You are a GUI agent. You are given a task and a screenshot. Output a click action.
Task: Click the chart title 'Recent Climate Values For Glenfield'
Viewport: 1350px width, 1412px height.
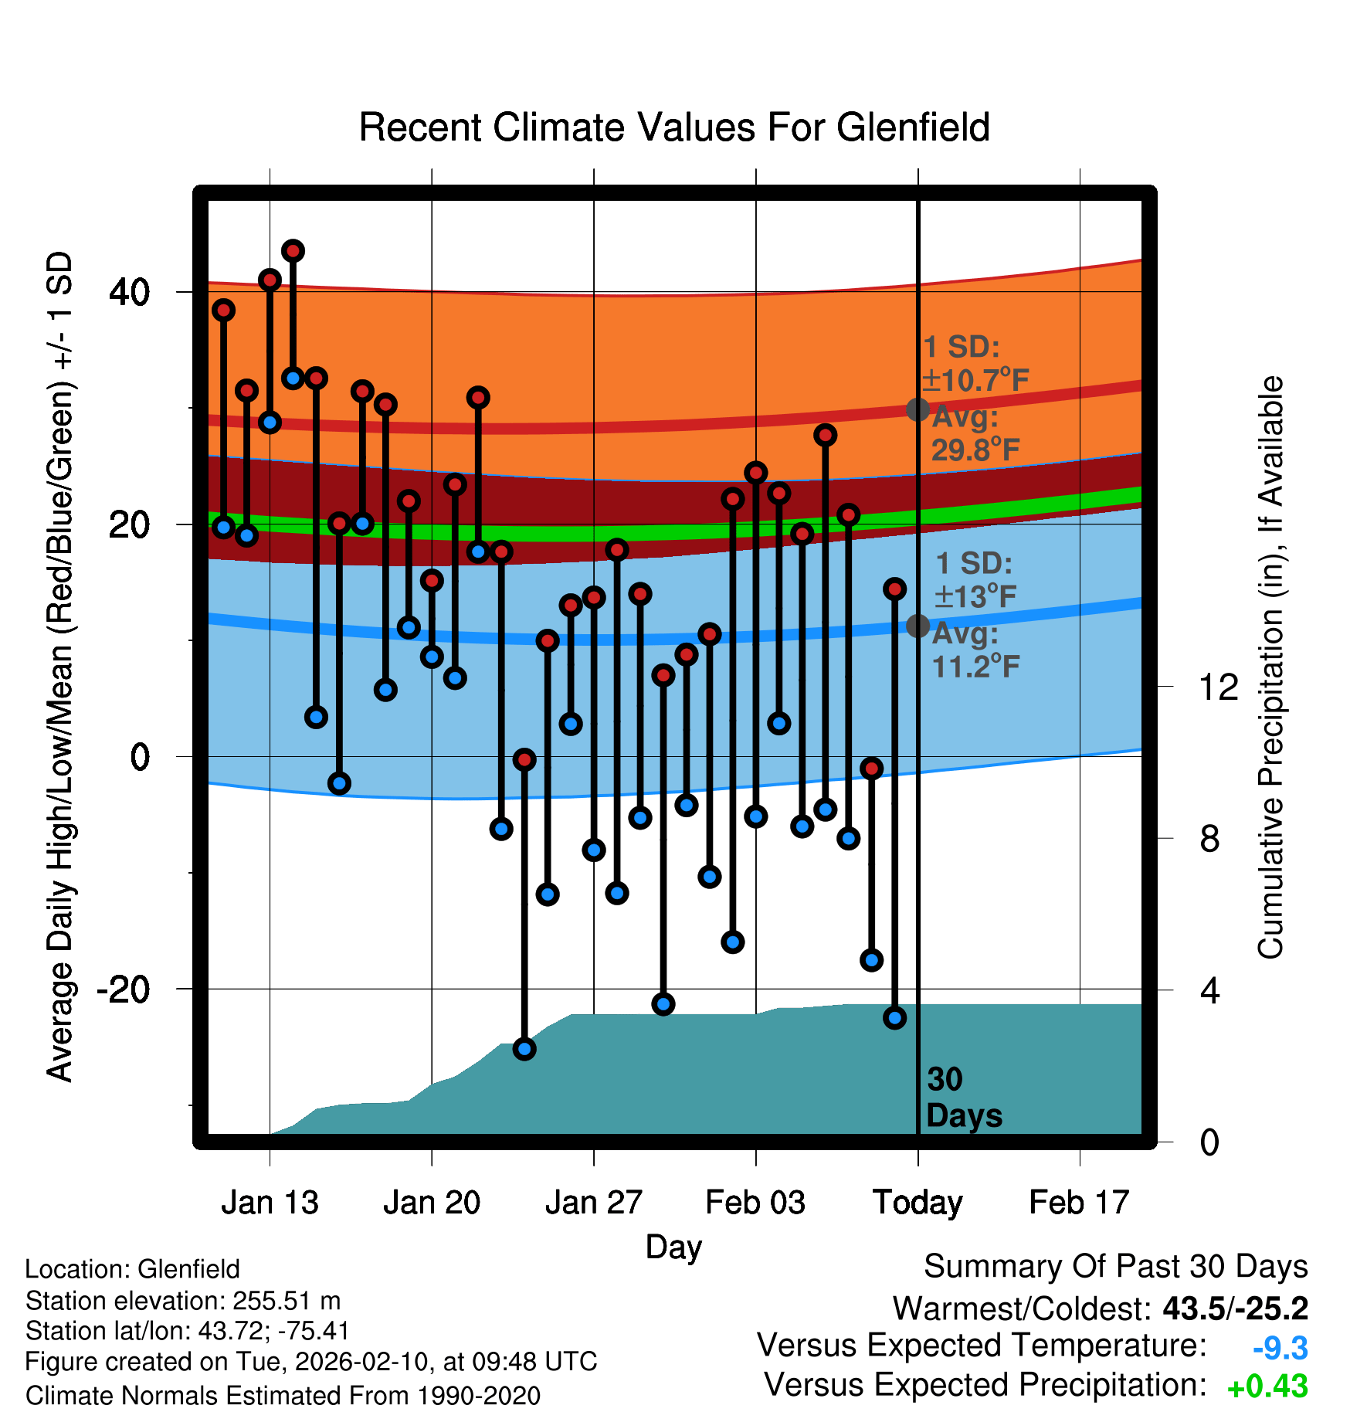pyautogui.click(x=674, y=127)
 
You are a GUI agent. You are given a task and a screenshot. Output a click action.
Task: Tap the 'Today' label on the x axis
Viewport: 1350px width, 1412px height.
pyautogui.click(x=918, y=1203)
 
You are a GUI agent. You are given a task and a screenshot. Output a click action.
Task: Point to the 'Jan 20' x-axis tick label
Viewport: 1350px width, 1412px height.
pyautogui.click(x=432, y=1203)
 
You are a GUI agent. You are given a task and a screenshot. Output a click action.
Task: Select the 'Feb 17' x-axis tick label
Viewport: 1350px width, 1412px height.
pyautogui.click(x=1079, y=1203)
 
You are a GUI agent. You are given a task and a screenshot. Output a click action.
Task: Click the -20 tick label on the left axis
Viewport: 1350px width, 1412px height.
pyautogui.click(x=123, y=989)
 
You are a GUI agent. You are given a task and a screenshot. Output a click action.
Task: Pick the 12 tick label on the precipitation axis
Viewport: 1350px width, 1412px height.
pyautogui.click(x=1218, y=687)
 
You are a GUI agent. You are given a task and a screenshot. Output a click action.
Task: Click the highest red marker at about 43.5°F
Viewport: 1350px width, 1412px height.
pyautogui.click(x=293, y=251)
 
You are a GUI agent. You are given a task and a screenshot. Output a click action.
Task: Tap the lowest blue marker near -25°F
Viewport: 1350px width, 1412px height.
pyautogui.click(x=524, y=1049)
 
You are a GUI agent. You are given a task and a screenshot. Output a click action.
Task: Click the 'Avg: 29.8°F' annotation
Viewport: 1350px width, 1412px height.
pyautogui.click(x=975, y=433)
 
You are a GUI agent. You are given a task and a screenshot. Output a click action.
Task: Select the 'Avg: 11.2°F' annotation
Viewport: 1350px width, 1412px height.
pyautogui.click(x=975, y=650)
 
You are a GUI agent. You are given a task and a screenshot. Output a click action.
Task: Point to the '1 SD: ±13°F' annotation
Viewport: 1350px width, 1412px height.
pyautogui.click(x=975, y=579)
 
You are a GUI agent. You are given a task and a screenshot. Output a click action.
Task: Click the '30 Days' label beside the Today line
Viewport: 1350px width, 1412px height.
pyautogui.click(x=962, y=1098)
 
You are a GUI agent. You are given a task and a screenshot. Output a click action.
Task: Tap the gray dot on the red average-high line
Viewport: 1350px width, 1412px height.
pyautogui.click(x=918, y=409)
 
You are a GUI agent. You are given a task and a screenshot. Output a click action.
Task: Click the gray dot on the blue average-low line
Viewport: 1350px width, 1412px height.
pyautogui.click(x=918, y=626)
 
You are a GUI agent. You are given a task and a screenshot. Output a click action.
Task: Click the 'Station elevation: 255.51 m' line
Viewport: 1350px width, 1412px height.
pyautogui.click(x=183, y=1301)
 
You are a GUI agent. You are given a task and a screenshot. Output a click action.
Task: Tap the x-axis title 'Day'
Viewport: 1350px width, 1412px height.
pyautogui.click(x=673, y=1247)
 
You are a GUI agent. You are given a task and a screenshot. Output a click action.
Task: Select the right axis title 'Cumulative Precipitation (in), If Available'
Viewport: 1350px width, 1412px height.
pyautogui.click(x=1270, y=667)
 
